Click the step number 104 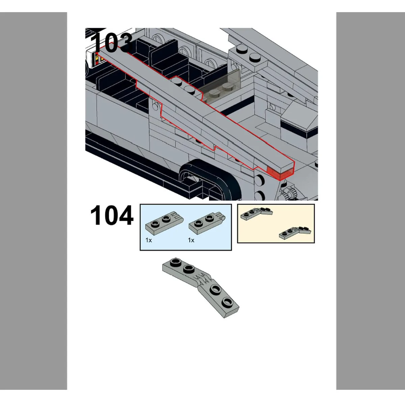112,215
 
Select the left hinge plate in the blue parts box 165,222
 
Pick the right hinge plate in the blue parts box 207,222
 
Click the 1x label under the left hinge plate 148,240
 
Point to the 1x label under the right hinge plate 191,240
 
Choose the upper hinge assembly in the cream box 256,213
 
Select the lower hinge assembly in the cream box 295,233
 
